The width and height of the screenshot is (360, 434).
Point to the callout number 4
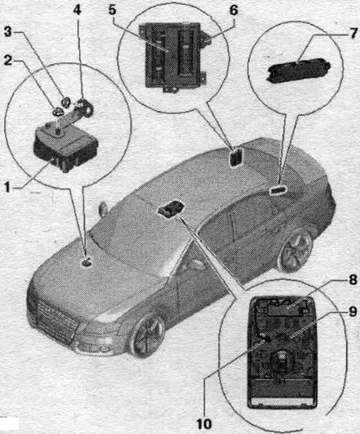[77, 10]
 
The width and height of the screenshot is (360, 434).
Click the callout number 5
[112, 10]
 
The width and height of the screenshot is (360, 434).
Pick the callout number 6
[233, 10]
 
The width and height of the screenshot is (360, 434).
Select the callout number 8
[352, 280]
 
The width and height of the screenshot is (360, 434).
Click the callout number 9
[352, 311]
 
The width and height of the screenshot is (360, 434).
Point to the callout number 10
[204, 423]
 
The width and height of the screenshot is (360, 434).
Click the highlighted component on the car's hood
[86, 261]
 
